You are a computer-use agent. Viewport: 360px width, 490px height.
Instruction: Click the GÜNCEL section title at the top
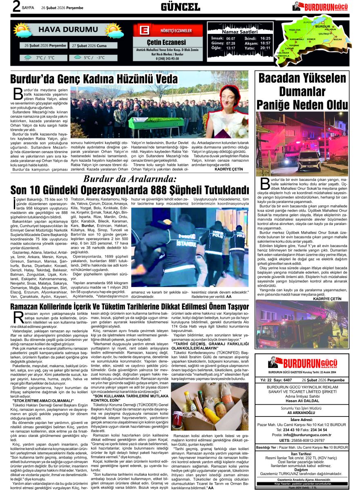180,7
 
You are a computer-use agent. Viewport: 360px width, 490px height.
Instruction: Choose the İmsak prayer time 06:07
230,38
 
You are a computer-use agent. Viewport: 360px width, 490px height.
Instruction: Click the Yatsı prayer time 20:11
265,48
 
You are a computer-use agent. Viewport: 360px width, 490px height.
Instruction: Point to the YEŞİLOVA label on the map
295,30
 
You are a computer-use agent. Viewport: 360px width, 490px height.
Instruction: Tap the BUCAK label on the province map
338,39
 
